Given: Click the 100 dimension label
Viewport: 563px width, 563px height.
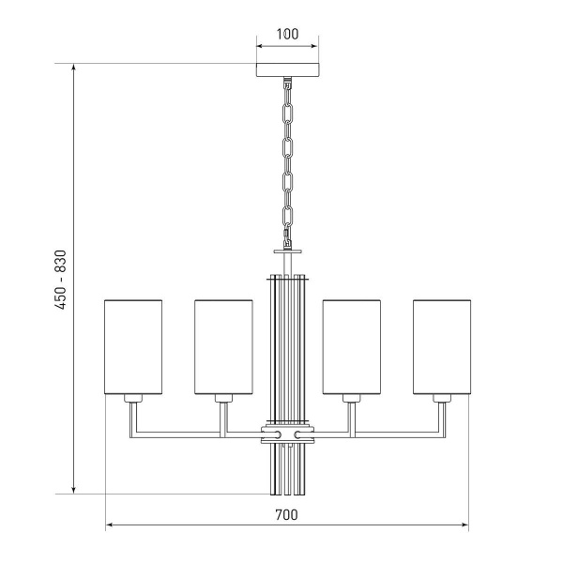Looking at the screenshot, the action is [x=287, y=34].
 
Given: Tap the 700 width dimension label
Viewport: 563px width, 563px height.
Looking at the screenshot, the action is [x=286, y=515].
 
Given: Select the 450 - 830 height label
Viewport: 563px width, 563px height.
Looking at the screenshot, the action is [x=61, y=280].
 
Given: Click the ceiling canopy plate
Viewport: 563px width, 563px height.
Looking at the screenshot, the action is [x=287, y=70].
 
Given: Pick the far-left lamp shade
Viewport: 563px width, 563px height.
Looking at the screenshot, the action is [x=133, y=347].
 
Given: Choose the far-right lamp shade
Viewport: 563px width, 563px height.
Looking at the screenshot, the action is [x=442, y=347].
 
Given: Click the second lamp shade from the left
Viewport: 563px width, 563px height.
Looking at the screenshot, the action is [x=223, y=347].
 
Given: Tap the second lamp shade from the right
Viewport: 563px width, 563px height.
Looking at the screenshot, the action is [x=352, y=347].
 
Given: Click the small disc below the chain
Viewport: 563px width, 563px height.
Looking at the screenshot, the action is [x=288, y=251].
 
